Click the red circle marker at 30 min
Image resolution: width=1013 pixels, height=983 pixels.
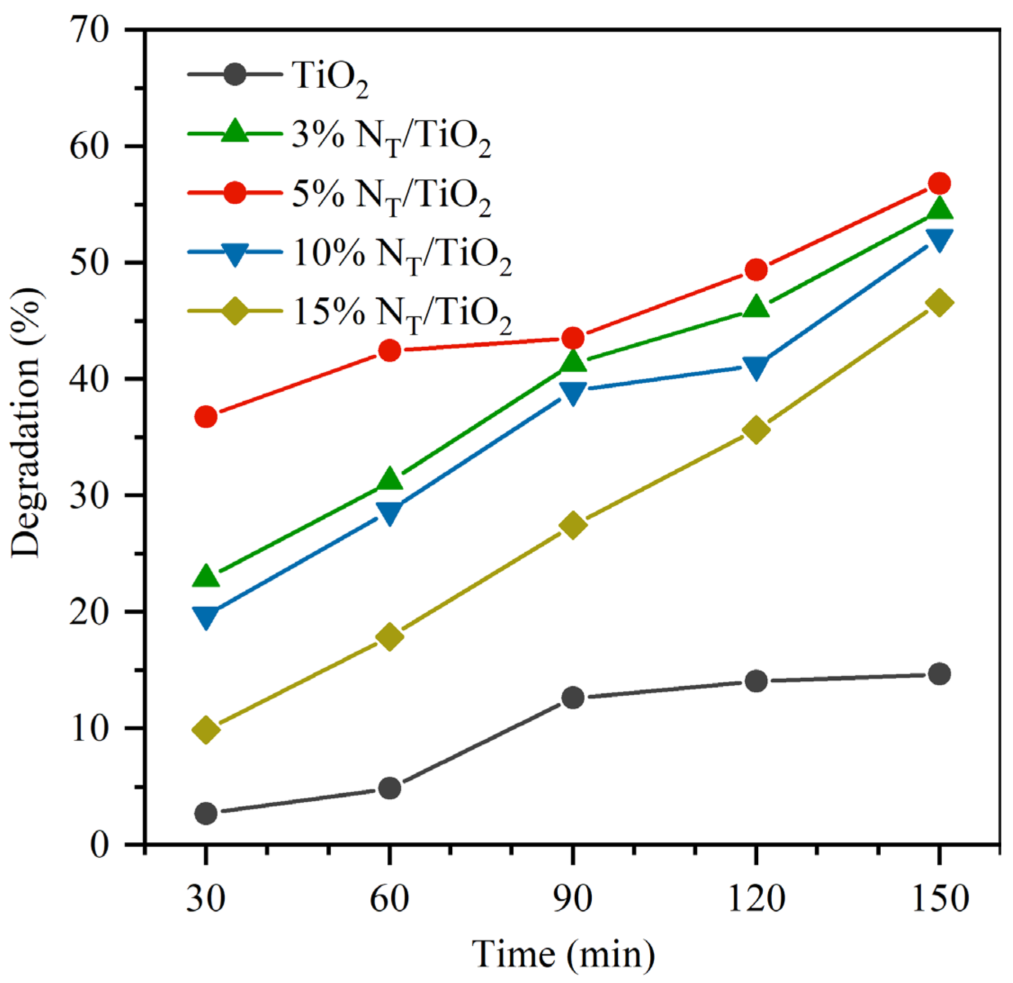pos(206,416)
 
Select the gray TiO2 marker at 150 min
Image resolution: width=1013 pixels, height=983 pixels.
pos(939,674)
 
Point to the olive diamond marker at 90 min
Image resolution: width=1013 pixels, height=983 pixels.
pos(573,526)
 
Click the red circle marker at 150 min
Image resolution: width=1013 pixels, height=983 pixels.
pos(939,183)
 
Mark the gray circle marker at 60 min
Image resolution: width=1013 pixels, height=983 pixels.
pos(390,788)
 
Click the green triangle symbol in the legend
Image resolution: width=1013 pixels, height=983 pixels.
pos(235,132)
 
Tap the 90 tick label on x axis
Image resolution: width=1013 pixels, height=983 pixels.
pos(573,899)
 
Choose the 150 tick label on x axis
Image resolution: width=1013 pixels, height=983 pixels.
pos(939,899)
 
